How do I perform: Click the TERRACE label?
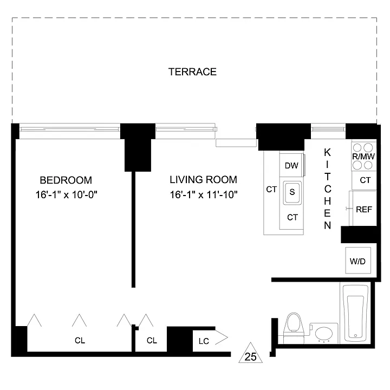[192, 72]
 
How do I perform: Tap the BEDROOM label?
[66, 180]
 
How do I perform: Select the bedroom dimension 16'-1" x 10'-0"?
[66, 194]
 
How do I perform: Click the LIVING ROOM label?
[204, 180]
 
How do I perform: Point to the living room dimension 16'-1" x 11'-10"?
[204, 194]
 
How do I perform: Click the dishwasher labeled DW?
[291, 165]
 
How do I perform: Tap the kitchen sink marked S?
[292, 192]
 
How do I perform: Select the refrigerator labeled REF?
[364, 209]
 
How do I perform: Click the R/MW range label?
[363, 157]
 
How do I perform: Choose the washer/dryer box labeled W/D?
[358, 261]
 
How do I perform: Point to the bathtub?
[355, 313]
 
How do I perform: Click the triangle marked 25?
[250, 353]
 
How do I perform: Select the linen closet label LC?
[204, 341]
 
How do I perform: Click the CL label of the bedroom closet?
[80, 340]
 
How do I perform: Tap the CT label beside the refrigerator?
[365, 180]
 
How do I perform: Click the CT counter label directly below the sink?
[292, 217]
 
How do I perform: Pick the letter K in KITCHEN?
[327, 152]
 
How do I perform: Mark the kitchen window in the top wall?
[328, 129]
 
